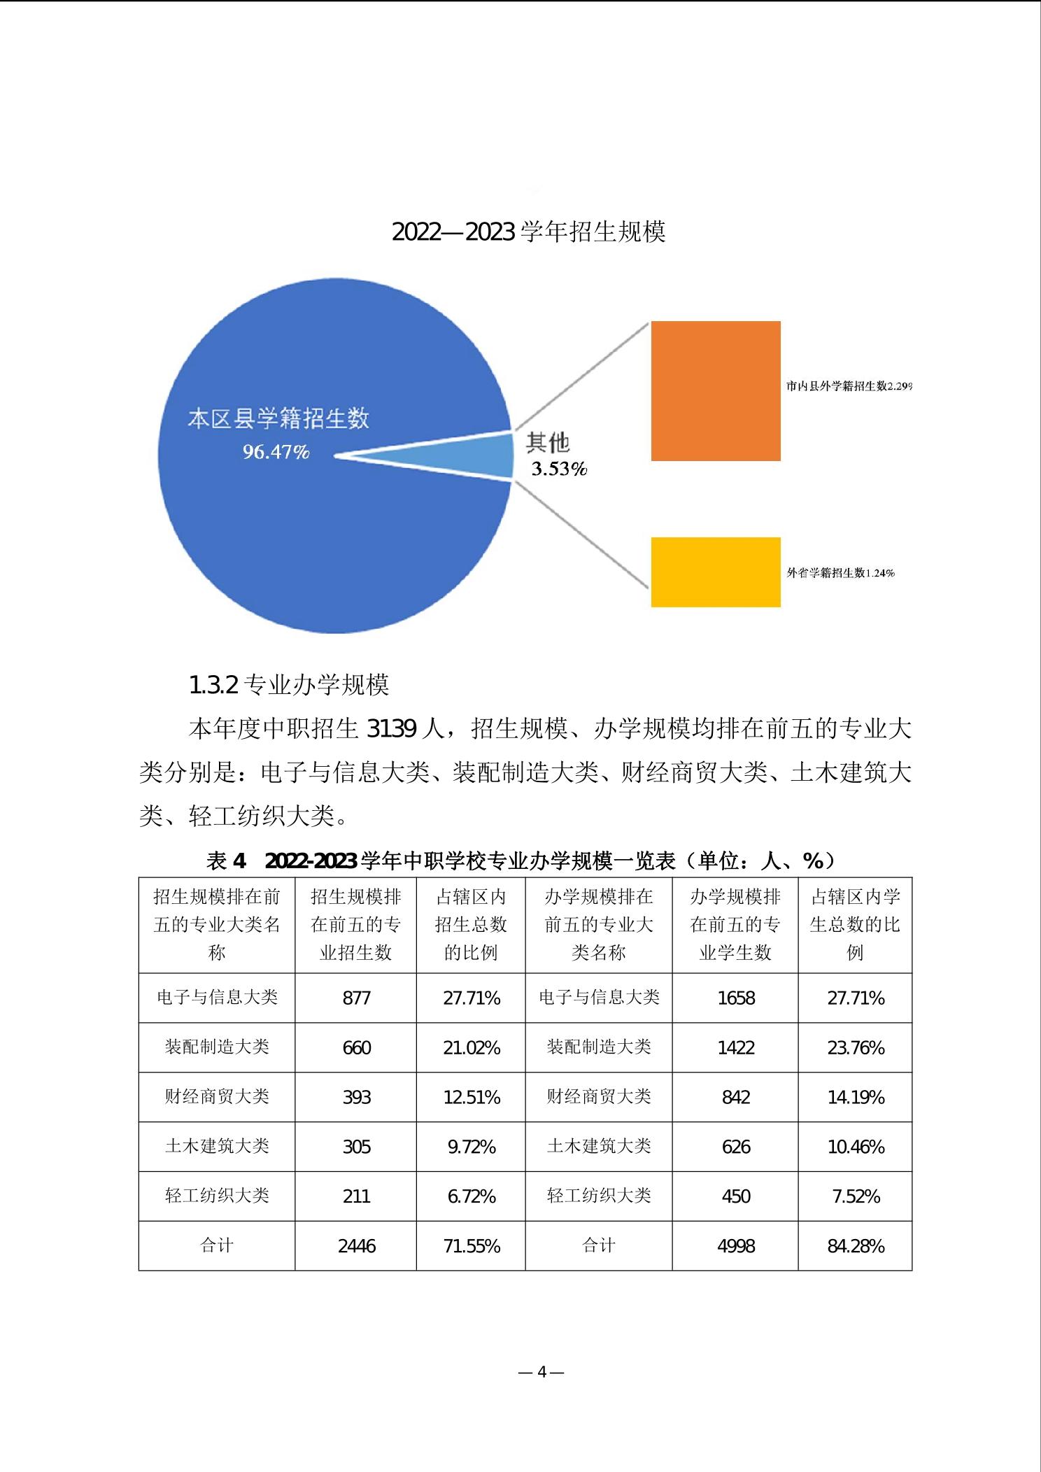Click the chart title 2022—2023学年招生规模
(528, 232)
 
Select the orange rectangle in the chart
(716, 391)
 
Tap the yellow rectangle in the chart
(716, 572)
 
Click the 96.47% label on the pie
(276, 453)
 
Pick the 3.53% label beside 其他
(559, 469)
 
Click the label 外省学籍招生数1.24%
(840, 573)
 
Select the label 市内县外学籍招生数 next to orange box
(836, 386)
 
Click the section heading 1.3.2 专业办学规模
(289, 685)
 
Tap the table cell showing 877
(356, 998)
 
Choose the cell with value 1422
(736, 1047)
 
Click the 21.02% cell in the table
(472, 1047)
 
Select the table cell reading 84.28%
(856, 1246)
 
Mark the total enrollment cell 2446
(356, 1246)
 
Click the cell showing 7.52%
(856, 1196)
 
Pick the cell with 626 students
(736, 1147)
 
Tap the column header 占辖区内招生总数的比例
(471, 925)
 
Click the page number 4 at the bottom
(541, 1372)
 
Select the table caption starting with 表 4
(520, 861)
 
